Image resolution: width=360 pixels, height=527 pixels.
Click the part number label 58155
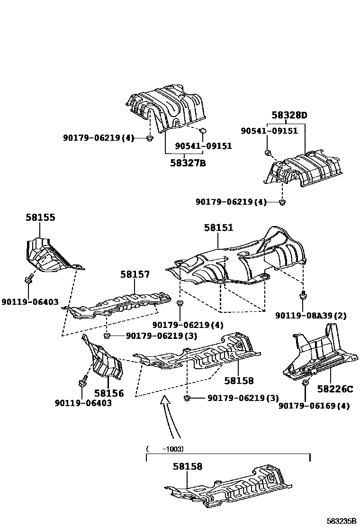click(x=40, y=218)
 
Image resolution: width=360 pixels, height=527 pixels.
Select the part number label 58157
click(x=135, y=274)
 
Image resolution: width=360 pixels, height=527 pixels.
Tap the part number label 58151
click(x=218, y=228)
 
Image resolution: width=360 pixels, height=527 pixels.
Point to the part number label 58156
click(x=108, y=393)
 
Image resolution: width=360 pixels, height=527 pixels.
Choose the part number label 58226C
click(x=335, y=389)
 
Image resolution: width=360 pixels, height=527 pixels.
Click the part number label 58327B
click(x=188, y=164)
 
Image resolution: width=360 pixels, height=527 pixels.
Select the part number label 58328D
click(x=289, y=115)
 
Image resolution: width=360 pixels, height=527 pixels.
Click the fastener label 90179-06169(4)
click(x=314, y=406)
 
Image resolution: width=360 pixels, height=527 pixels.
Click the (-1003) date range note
click(x=165, y=448)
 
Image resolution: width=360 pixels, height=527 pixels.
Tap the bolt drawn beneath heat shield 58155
click(x=28, y=279)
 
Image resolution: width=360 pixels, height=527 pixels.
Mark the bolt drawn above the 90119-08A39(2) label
click(x=302, y=297)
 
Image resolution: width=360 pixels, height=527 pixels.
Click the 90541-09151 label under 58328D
click(x=269, y=131)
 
